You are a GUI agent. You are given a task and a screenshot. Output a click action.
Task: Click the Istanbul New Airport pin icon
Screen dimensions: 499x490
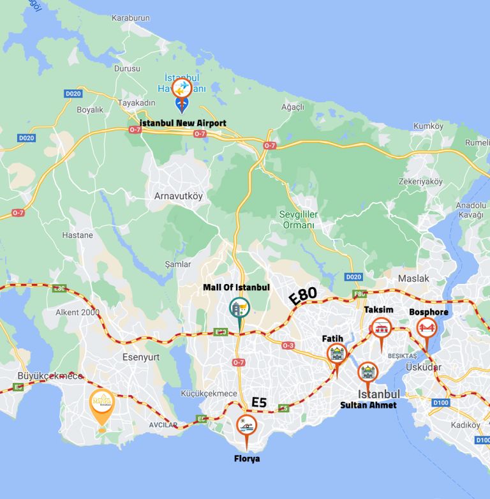tap(182, 87)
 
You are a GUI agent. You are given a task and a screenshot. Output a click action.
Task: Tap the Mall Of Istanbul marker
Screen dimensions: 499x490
tap(240, 308)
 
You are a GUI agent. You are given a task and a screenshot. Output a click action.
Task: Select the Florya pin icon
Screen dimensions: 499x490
tap(246, 425)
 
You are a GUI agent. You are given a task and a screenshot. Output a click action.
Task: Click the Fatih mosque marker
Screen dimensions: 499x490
tap(336, 354)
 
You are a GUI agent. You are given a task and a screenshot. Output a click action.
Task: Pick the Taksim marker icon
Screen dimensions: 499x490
tap(382, 328)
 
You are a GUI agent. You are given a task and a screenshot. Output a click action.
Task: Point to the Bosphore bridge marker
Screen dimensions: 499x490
tap(426, 329)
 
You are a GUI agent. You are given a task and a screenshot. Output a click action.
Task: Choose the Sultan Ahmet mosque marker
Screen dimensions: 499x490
tap(367, 372)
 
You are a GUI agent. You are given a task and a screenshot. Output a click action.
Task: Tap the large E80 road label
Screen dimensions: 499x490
tap(302, 295)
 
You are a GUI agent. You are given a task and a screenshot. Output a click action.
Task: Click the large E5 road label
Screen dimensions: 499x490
tap(259, 402)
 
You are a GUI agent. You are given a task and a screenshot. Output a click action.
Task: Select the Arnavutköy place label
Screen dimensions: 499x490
tap(179, 197)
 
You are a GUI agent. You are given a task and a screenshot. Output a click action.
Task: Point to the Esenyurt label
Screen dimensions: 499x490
tap(140, 357)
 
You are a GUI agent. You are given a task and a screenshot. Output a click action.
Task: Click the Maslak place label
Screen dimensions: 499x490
tap(413, 279)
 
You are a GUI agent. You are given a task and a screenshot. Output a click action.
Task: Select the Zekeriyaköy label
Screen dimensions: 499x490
tap(420, 181)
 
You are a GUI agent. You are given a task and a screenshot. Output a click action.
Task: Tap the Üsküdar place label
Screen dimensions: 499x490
tap(423, 367)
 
